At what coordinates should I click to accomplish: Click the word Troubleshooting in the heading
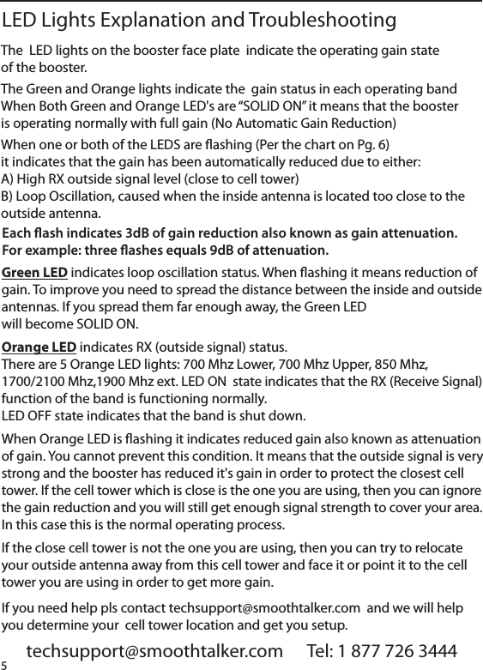coord(322,20)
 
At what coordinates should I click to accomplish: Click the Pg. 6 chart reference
coord(371,142)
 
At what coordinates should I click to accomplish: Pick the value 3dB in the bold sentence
coord(141,233)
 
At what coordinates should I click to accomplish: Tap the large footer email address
coord(154,652)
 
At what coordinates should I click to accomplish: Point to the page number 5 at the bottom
coord(4,665)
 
